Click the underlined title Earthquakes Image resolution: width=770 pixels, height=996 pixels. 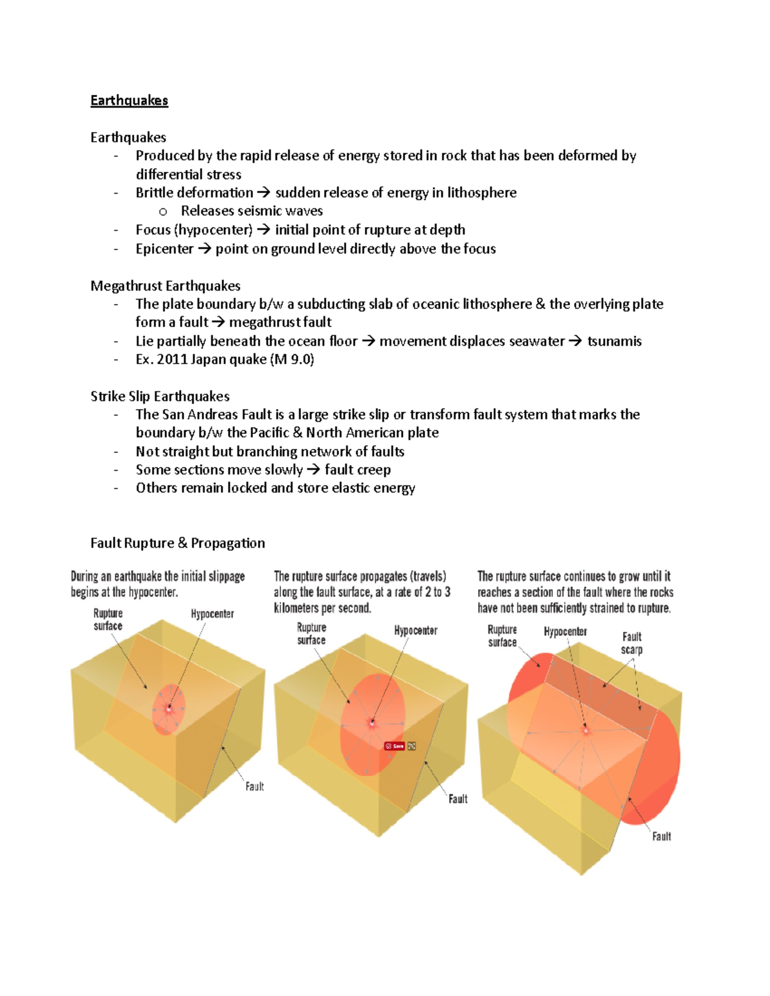(x=129, y=101)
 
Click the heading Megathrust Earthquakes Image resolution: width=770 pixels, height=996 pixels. (x=165, y=286)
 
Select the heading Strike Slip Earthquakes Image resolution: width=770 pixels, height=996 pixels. (x=160, y=396)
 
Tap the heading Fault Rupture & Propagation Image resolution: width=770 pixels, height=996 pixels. (x=177, y=543)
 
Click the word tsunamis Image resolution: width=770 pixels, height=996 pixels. (x=614, y=341)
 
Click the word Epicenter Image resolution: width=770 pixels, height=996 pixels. (x=164, y=249)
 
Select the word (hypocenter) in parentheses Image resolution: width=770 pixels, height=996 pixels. (x=213, y=230)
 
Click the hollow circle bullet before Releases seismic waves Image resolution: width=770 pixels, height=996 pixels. (x=163, y=212)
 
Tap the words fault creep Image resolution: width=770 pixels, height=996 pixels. (x=357, y=470)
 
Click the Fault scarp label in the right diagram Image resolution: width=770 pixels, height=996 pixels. (x=631, y=643)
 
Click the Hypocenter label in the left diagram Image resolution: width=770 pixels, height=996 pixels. (x=212, y=614)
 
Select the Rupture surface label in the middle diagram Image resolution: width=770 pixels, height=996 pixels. (x=311, y=634)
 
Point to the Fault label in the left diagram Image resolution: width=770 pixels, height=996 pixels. (x=254, y=786)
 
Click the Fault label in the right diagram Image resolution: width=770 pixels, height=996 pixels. (x=661, y=836)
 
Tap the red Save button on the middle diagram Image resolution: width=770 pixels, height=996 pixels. (x=395, y=746)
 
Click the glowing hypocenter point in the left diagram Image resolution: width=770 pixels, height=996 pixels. (x=169, y=709)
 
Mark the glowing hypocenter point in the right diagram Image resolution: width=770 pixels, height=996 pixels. (x=585, y=730)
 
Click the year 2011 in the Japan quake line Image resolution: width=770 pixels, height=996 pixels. (x=172, y=360)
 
